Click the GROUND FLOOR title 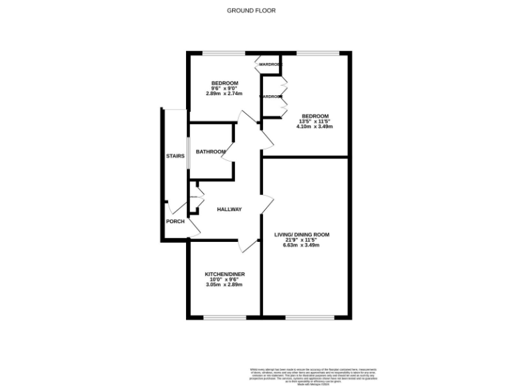point(251,10)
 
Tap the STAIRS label point(175,156)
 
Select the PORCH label point(175,221)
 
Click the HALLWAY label point(229,210)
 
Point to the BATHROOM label point(211,152)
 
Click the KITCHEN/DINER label point(224,275)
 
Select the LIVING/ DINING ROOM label point(301,235)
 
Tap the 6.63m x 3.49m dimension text point(301,245)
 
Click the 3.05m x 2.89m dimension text point(224,285)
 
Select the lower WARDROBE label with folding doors point(271,96)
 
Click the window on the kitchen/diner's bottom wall point(225,317)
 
